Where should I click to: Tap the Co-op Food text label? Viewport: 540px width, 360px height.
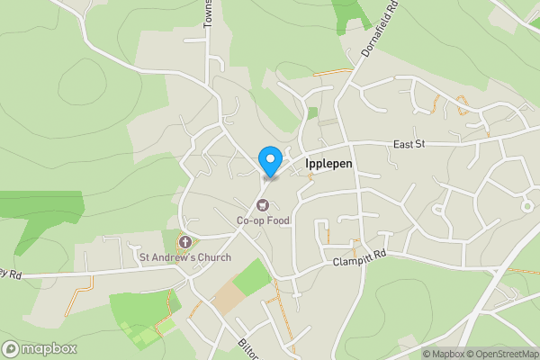click(x=264, y=221)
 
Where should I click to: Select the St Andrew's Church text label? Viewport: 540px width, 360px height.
click(x=184, y=257)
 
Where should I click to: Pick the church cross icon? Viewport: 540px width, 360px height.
click(x=184, y=242)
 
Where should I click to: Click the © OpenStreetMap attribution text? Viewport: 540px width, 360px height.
click(x=503, y=354)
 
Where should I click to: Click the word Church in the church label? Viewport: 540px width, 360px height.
click(x=212, y=257)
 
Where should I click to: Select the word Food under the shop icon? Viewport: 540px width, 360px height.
click(x=278, y=221)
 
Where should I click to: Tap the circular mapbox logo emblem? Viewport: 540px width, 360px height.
click(x=11, y=348)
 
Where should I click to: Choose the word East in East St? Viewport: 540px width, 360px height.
click(x=402, y=144)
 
